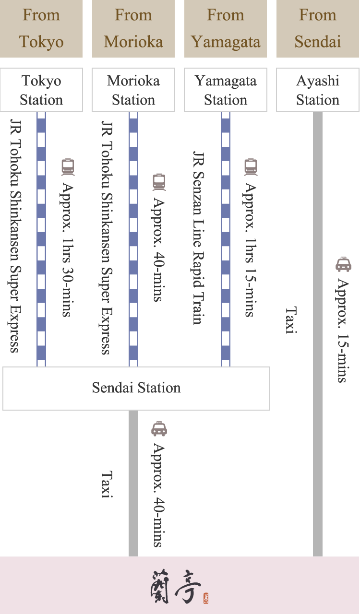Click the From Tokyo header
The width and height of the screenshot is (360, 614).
coord(41,28)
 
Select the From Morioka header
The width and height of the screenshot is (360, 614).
coord(133,28)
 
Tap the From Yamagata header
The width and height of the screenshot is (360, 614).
coord(226,28)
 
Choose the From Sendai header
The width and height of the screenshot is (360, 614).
coord(318,28)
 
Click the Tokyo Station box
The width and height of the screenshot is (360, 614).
coord(41,90)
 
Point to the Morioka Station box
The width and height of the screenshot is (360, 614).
coord(133,90)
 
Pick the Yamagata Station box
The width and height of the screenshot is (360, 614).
coord(226,90)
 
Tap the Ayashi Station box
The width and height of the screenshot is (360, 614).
coord(318,90)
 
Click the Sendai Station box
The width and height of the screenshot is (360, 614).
coord(136,388)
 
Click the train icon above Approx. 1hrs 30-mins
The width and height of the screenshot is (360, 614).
coord(68,167)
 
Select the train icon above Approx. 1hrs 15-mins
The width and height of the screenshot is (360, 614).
coord(251,167)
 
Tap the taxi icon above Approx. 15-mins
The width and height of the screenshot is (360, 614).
coord(343,264)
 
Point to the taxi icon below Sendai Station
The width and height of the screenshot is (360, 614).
coord(159,429)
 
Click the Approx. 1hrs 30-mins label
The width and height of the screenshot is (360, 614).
coord(67,249)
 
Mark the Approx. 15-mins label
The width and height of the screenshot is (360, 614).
coord(343,330)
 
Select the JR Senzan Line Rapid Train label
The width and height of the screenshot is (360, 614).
coord(198,238)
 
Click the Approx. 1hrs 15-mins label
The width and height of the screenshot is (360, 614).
coord(250,249)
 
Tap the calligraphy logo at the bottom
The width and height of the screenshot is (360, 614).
coord(174,586)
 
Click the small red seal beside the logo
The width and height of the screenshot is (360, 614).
coord(206,598)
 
